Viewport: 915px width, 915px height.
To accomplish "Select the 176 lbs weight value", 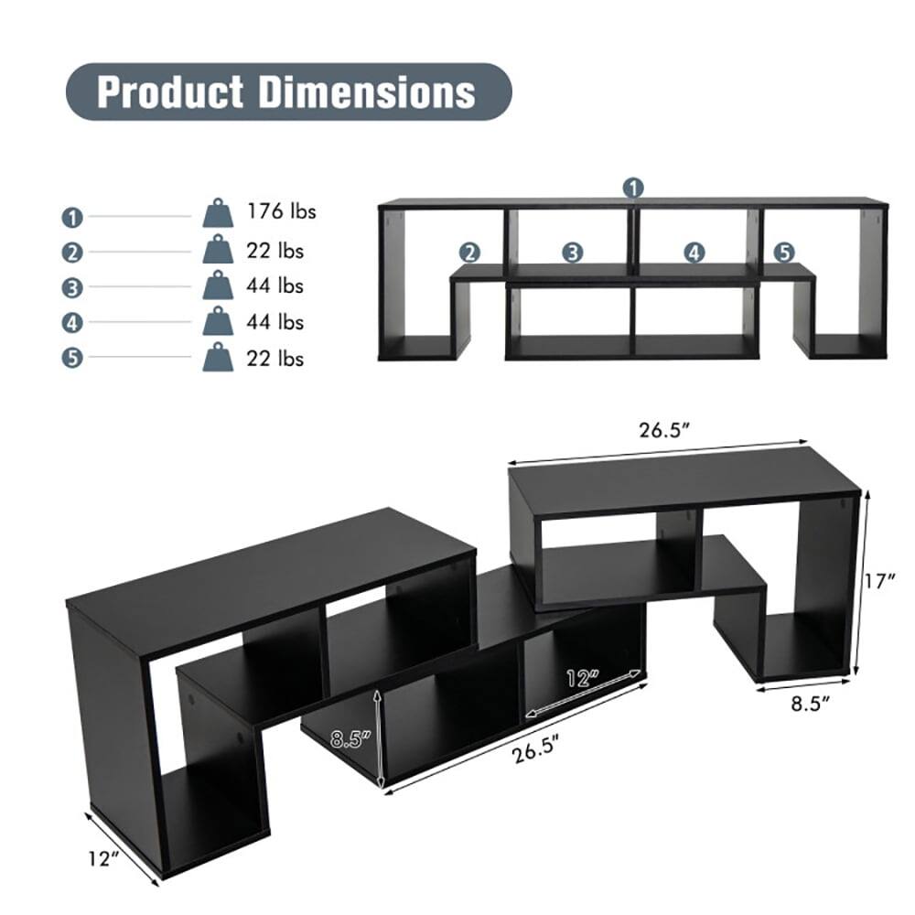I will [x=281, y=212].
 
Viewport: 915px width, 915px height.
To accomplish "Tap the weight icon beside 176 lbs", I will [x=218, y=213].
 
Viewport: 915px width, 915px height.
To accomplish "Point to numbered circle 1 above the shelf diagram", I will [x=633, y=188].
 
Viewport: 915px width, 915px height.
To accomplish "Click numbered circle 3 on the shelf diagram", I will [x=573, y=252].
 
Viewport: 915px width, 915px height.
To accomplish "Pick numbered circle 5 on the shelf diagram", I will [x=784, y=252].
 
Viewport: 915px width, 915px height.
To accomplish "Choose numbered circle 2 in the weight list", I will [x=73, y=253].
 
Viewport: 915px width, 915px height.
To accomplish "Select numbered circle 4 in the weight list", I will [x=73, y=323].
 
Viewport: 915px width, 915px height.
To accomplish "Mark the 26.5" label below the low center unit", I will [x=537, y=754].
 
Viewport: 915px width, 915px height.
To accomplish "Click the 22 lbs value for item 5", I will [x=274, y=358].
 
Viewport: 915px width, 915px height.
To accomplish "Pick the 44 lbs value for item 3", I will [x=274, y=286].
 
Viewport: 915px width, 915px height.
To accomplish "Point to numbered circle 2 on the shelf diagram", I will [x=470, y=252].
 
